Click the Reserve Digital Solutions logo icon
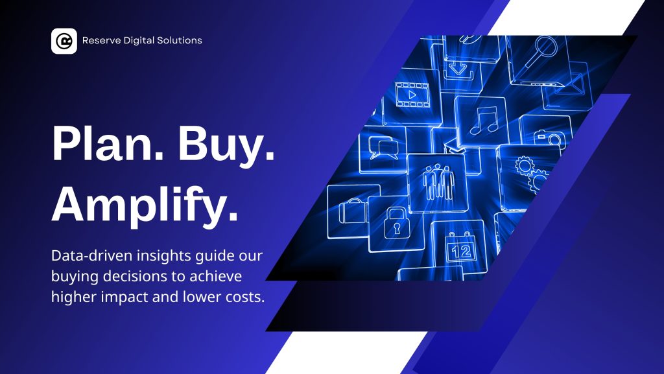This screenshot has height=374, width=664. pos(64,41)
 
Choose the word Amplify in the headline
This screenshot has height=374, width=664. pos(145,204)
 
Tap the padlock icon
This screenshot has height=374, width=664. pos(397,223)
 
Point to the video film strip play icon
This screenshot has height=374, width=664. pos(412,95)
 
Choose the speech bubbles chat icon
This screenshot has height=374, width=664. pos(383,147)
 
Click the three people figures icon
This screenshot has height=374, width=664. pos(439,182)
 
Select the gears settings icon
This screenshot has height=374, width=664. pos(531,174)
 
